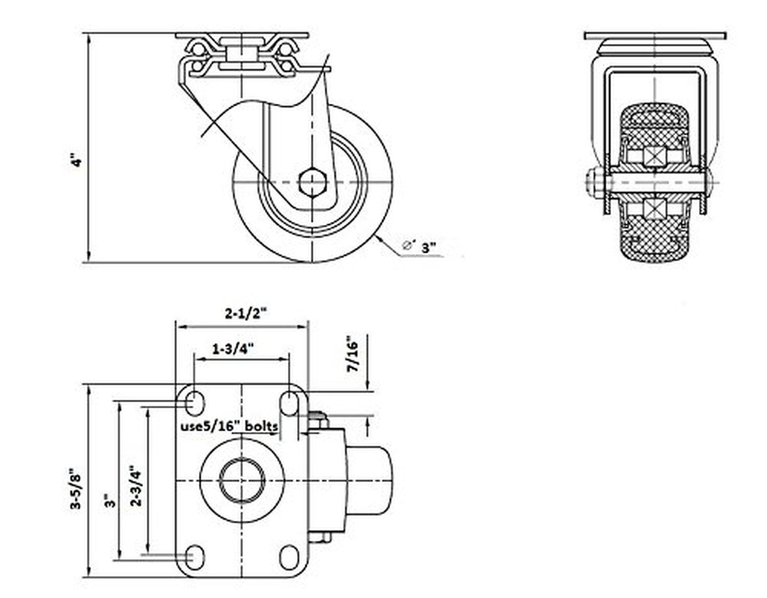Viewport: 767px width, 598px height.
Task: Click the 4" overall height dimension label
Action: [x=77, y=160]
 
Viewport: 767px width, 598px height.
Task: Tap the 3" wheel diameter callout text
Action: [x=431, y=248]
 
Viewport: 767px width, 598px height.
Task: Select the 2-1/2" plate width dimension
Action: [x=243, y=314]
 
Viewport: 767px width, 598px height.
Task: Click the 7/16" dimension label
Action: [x=352, y=354]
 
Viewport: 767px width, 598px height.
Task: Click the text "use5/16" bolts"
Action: [x=229, y=426]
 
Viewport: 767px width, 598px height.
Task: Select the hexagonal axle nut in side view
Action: [x=312, y=182]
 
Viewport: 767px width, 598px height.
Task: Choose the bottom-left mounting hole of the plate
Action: [x=194, y=556]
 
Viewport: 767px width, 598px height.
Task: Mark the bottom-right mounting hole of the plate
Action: [x=289, y=556]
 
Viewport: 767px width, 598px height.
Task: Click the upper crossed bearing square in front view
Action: [x=654, y=154]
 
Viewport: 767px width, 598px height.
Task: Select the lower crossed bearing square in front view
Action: [x=654, y=211]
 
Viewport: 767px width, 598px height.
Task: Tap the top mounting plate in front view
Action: [x=654, y=36]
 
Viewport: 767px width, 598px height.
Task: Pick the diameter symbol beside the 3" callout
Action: [x=408, y=246]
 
